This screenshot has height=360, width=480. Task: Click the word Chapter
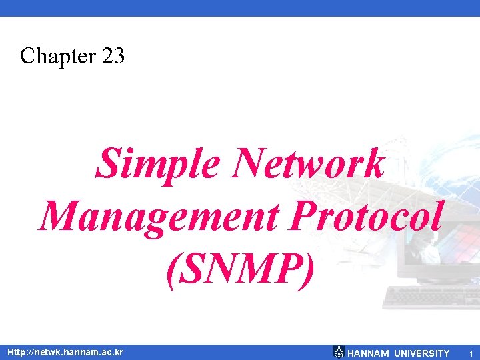click(x=58, y=56)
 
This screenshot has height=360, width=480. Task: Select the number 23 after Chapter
click(x=113, y=56)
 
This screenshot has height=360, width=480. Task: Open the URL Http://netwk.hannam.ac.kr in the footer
click(x=65, y=352)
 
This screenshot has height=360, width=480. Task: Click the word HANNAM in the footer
click(x=368, y=353)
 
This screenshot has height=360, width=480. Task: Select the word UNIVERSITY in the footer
click(x=422, y=353)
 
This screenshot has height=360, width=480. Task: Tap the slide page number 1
click(x=470, y=353)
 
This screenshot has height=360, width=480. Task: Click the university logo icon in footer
click(x=339, y=352)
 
